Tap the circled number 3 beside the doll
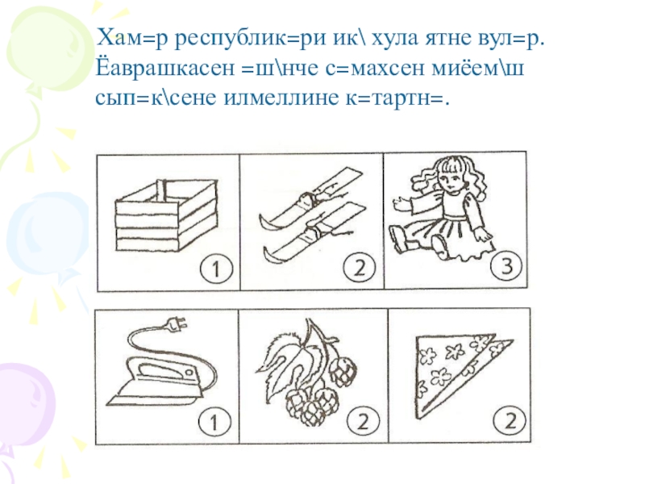click(x=506, y=266)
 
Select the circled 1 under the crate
click(x=216, y=269)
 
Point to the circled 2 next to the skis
click(x=360, y=268)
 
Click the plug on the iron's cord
click(x=177, y=325)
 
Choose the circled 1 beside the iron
click(x=214, y=422)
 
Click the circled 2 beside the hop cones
click(x=363, y=422)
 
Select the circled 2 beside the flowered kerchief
click(x=510, y=421)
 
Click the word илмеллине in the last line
click(x=281, y=98)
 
